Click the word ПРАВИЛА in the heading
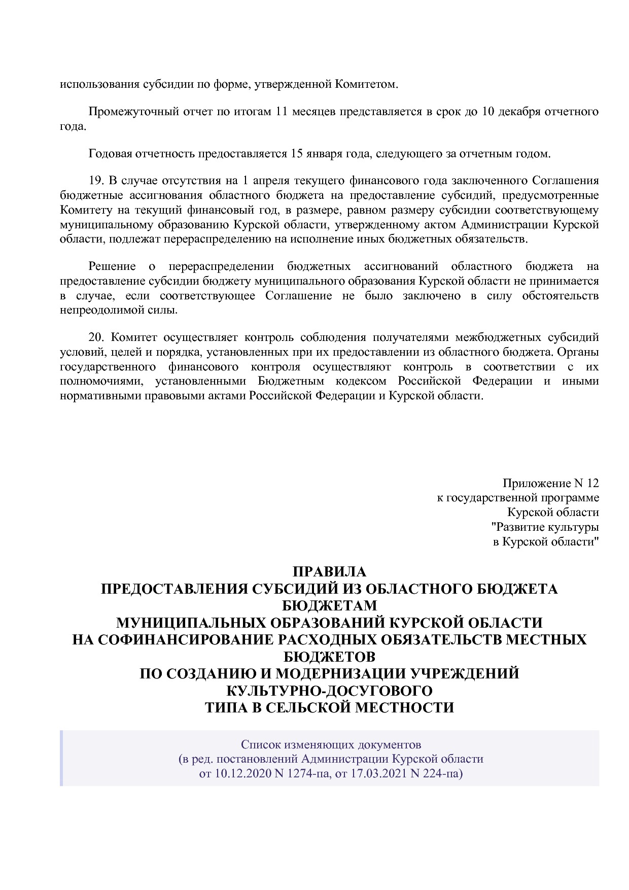point(329,572)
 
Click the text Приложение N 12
point(550,483)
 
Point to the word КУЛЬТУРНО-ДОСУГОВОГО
point(329,691)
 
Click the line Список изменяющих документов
point(331,745)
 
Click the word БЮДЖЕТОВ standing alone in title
point(329,657)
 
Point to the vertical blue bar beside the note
point(61,758)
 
